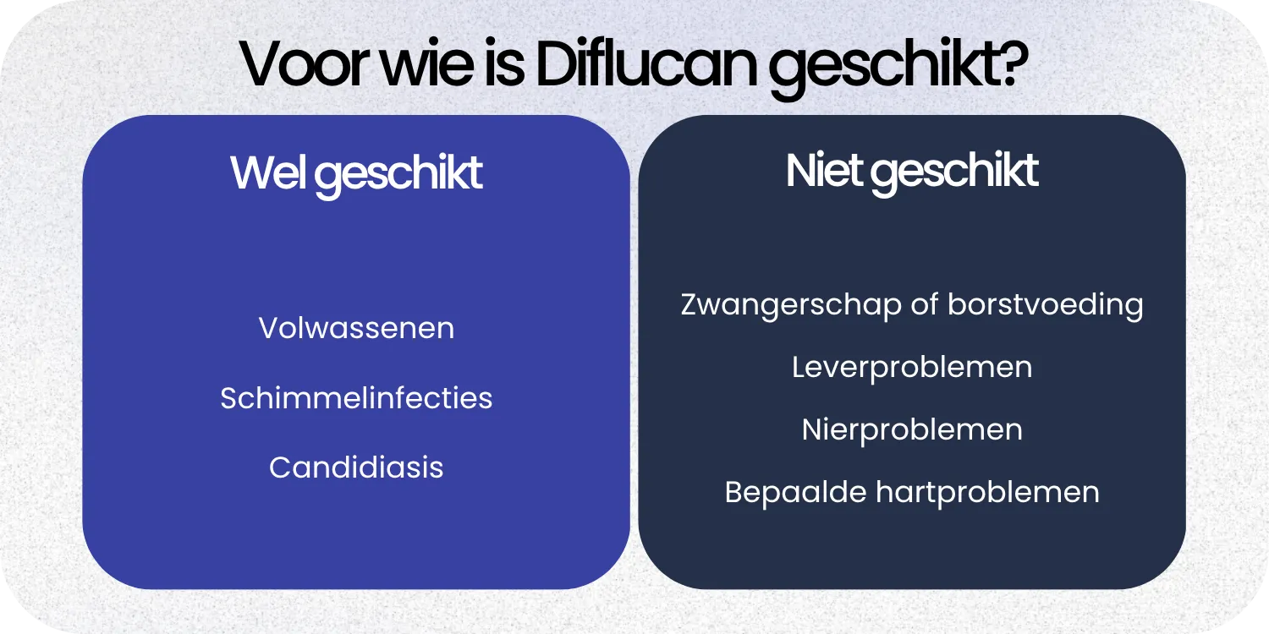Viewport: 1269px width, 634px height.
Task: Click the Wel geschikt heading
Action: [356, 173]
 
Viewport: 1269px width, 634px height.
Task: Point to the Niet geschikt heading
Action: [912, 172]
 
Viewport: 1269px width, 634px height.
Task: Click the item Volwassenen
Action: [356, 328]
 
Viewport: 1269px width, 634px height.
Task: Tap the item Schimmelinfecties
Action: [356, 397]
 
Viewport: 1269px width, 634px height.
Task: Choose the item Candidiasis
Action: [356, 467]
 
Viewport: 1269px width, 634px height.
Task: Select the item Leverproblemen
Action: [912, 368]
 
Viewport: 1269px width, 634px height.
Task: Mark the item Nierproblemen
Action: [912, 429]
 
